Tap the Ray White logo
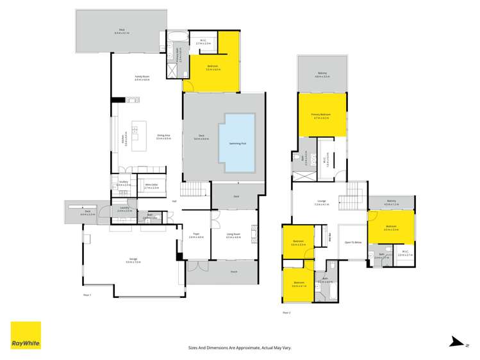pyautogui.click(x=26, y=336)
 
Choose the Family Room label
pyautogui.click(x=142, y=78)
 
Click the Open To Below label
pyautogui.click(x=353, y=243)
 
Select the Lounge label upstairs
pyautogui.click(x=322, y=204)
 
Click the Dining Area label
pyautogui.click(x=163, y=136)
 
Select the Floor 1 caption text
pyautogui.click(x=87, y=295)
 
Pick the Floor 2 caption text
pyautogui.click(x=286, y=312)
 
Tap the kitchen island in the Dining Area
pyautogui.click(x=140, y=132)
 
